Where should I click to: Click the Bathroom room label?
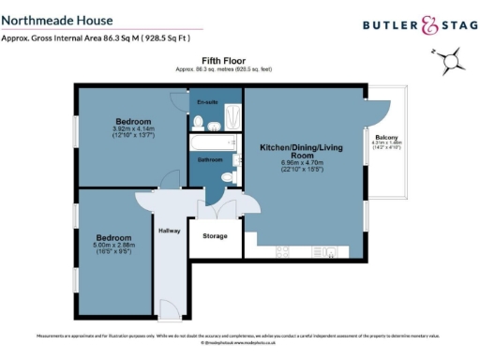point(209,160)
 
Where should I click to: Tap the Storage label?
point(215,235)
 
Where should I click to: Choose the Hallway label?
point(170,230)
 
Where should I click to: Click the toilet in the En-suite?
point(198,123)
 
